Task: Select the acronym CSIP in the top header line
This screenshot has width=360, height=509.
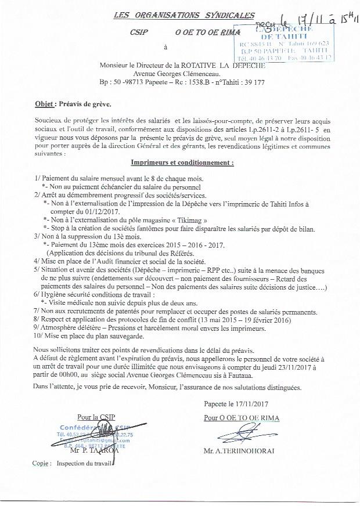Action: point(140,34)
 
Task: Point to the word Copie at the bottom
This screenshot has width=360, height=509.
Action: point(42,464)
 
